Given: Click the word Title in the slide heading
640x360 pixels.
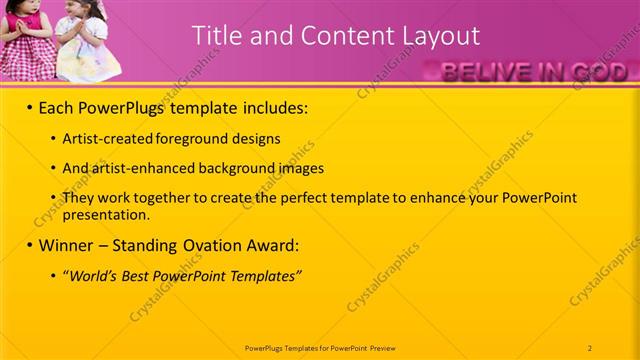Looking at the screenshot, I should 214,36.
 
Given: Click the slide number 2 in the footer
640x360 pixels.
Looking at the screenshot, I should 590,347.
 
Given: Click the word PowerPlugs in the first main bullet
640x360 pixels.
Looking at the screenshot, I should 125,107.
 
